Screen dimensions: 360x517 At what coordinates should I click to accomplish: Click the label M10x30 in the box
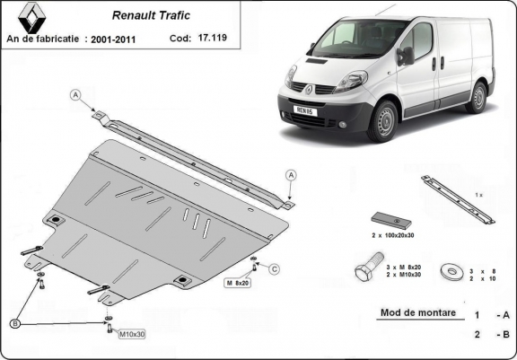click(132, 334)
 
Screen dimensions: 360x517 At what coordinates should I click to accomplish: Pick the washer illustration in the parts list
click(450, 269)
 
